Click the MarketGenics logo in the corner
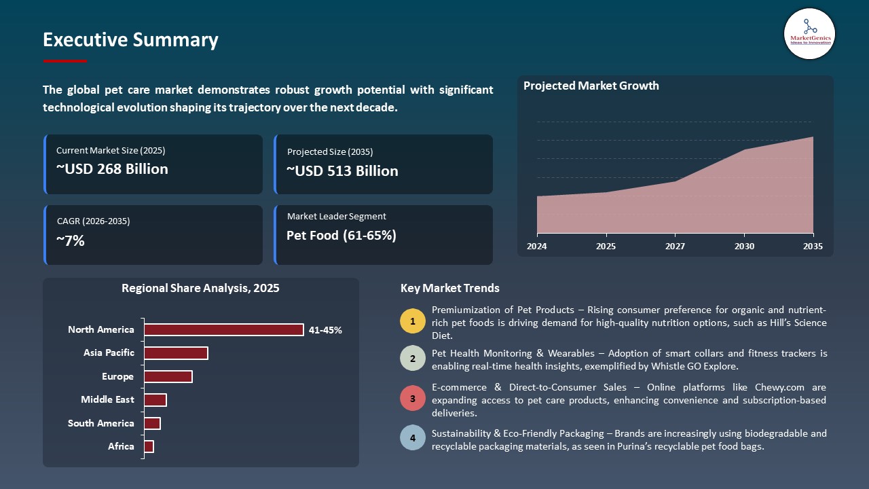coord(809,33)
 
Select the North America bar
coord(224,329)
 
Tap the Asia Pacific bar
coord(176,353)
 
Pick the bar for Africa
coord(149,446)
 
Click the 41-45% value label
coord(325,330)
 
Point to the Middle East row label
coord(107,399)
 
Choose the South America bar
coord(152,423)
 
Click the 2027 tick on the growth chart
coord(674,246)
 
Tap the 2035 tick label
coord(812,246)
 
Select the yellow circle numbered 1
coord(413,321)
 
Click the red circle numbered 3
coord(413,399)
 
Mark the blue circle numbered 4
coord(413,438)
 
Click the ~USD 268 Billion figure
coord(112,169)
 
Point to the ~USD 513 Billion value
coord(342,171)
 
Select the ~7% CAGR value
coord(71,240)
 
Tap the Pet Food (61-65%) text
coord(341,236)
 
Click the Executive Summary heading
coord(130,40)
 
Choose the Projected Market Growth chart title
coord(591,86)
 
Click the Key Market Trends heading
coord(450,288)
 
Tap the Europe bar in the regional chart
coord(168,376)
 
